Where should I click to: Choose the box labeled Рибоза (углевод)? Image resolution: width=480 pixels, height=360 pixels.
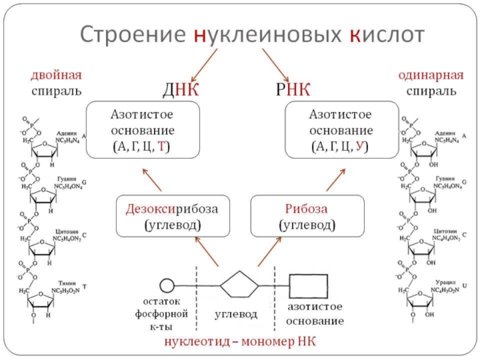[307, 216]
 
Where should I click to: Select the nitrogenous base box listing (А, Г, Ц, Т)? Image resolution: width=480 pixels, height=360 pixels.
[143, 130]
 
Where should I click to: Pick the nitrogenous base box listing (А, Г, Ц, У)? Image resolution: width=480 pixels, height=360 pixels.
[341, 130]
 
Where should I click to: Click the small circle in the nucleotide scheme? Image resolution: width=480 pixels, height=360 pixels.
[166, 284]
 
